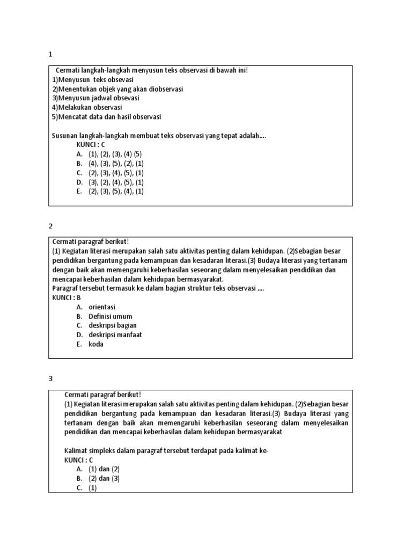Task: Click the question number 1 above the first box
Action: coord(50,54)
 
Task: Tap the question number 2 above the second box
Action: coord(50,226)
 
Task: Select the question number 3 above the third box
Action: coord(50,379)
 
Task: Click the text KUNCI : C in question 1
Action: coord(91,145)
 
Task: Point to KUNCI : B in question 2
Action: coord(67,298)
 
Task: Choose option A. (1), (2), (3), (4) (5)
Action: coord(109,154)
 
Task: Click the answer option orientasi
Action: coord(102,307)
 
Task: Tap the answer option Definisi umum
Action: coord(110,316)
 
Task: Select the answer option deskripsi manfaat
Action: coord(115,335)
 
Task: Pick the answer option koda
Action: coord(96,344)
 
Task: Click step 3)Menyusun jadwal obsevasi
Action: coord(95,98)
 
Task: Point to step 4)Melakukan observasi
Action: coord(87,107)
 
